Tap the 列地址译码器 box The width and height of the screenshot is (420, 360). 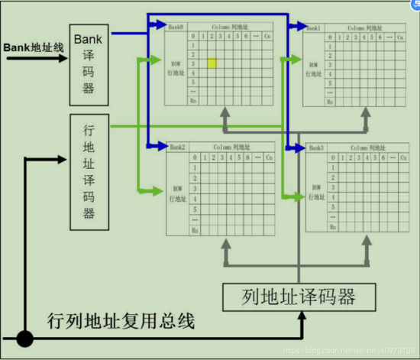pyautogui.click(x=299, y=295)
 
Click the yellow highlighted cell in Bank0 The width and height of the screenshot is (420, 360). pyautogui.click(x=212, y=63)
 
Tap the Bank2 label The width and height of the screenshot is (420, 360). pyautogui.click(x=178, y=146)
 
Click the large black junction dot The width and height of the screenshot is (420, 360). pyautogui.click(x=25, y=336)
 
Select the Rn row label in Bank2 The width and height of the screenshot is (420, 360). pyautogui.click(x=195, y=229)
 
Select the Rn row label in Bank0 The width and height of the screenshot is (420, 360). pyautogui.click(x=194, y=100)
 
